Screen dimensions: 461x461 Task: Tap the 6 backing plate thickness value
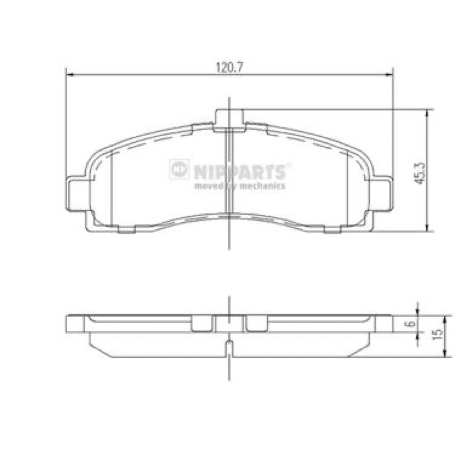(411, 323)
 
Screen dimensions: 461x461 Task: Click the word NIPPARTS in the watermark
(240, 172)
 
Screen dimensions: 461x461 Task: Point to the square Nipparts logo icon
(179, 169)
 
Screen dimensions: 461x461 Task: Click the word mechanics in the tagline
(262, 186)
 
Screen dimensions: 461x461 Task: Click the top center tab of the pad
(229, 120)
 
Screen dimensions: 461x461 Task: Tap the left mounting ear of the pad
(77, 194)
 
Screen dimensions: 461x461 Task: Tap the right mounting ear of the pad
(381, 194)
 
